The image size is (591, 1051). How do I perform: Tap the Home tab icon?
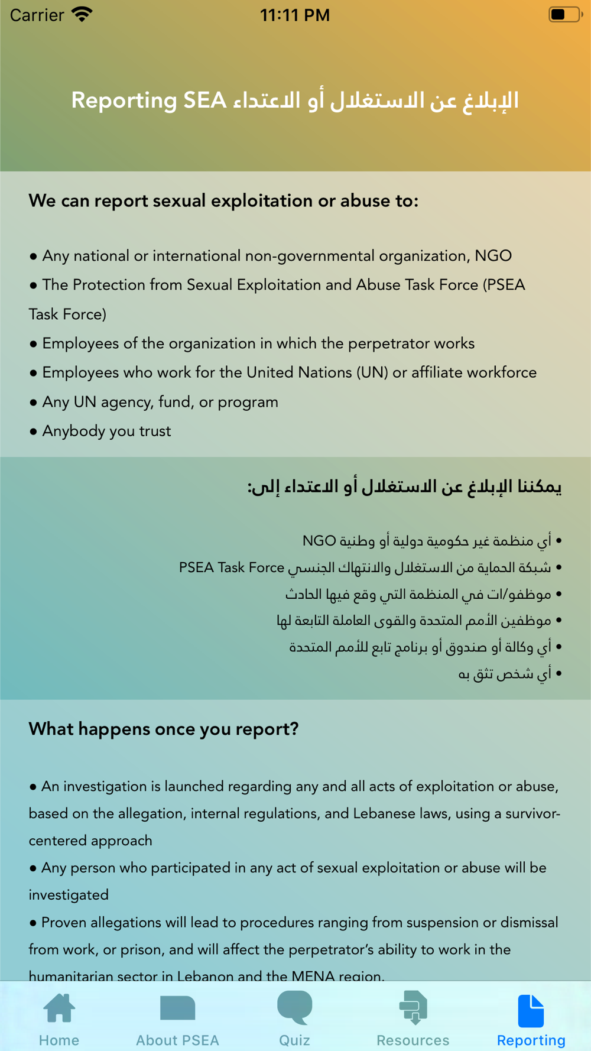pyautogui.click(x=59, y=1008)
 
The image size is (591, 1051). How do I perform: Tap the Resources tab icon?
pyautogui.click(x=413, y=1007)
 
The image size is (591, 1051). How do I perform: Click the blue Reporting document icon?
pyautogui.click(x=531, y=1010)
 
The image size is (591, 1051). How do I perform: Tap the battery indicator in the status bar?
pyautogui.click(x=564, y=14)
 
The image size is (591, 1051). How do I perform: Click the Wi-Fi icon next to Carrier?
pyautogui.click(x=82, y=14)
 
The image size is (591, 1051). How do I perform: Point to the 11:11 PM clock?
pyautogui.click(x=295, y=15)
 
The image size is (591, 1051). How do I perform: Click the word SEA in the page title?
pyautogui.click(x=204, y=100)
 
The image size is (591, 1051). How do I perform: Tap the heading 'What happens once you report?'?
pyautogui.click(x=164, y=729)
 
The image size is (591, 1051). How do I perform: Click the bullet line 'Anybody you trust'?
pyautogui.click(x=106, y=431)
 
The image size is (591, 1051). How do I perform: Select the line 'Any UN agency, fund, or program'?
pyautogui.click(x=160, y=402)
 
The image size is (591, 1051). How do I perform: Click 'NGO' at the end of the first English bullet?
pyautogui.click(x=493, y=255)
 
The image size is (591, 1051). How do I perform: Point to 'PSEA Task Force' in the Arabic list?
pyautogui.click(x=232, y=567)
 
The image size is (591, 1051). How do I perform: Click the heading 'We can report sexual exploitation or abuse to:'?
pyautogui.click(x=223, y=201)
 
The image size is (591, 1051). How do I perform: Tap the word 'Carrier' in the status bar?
pyautogui.click(x=37, y=15)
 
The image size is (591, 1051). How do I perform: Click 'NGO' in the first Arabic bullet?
pyautogui.click(x=319, y=541)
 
